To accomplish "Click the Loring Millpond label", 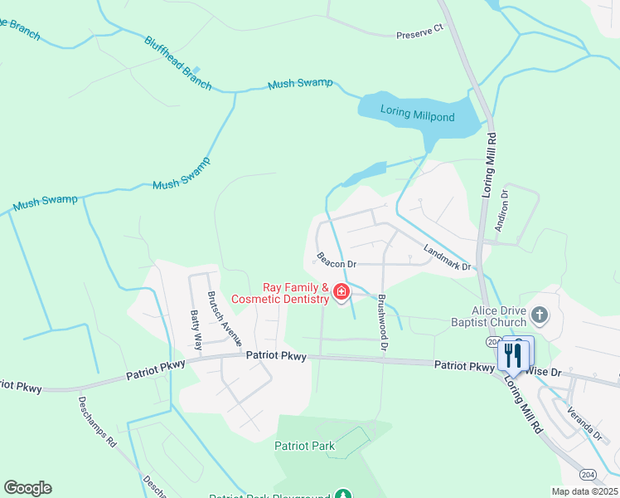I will [418, 115].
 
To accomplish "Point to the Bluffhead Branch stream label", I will [177, 63].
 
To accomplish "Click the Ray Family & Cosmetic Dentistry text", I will [280, 293].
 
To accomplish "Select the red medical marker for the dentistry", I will [341, 292].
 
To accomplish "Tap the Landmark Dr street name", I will [447, 259].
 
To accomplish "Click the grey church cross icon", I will [540, 315].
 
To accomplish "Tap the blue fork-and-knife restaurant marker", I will [513, 355].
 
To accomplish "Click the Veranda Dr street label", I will [584, 421].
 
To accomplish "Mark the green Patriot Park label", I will [305, 446].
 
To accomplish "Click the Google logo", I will [27, 488].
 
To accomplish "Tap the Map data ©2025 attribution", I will [584, 491].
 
